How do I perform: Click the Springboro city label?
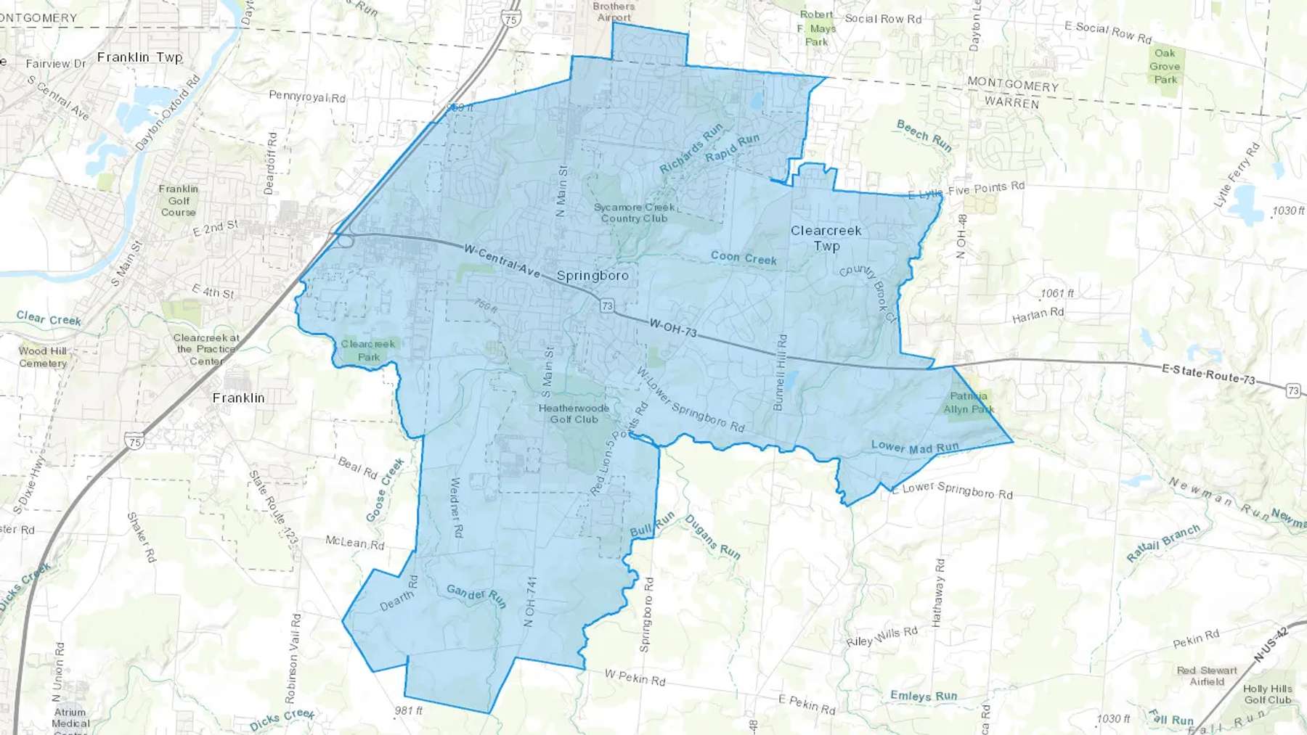pyautogui.click(x=593, y=276)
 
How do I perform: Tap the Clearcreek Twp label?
pyautogui.click(x=826, y=238)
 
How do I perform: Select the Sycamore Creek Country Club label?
pyautogui.click(x=634, y=213)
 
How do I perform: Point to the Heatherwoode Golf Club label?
pyautogui.click(x=574, y=414)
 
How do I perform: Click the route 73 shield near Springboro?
pyautogui.click(x=607, y=306)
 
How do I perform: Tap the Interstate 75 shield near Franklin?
pyautogui.click(x=134, y=440)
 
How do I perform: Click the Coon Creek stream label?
pyautogui.click(x=744, y=258)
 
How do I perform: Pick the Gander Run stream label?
pyautogui.click(x=476, y=596)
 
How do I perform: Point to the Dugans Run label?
pyautogui.click(x=712, y=537)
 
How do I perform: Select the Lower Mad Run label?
pyautogui.click(x=915, y=447)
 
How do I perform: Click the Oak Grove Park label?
pyautogui.click(x=1165, y=66)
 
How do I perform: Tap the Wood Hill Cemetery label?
pyautogui.click(x=43, y=357)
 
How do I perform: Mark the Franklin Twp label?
pyautogui.click(x=139, y=57)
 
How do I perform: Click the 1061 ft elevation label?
pyautogui.click(x=1056, y=294)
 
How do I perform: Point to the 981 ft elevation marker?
pyautogui.click(x=409, y=711)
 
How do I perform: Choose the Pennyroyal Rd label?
pyautogui.click(x=307, y=96)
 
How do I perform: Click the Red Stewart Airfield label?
pyautogui.click(x=1207, y=676)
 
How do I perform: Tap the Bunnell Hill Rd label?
pyautogui.click(x=781, y=372)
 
